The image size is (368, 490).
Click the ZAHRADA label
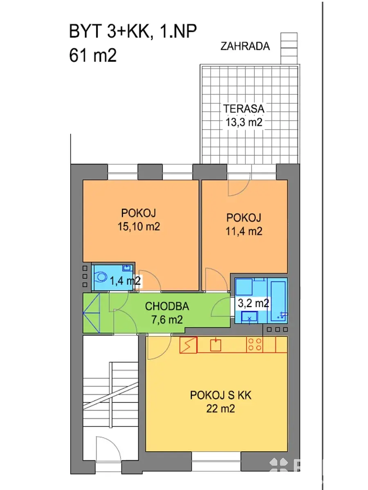click(x=245, y=47)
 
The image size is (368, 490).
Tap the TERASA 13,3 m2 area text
click(x=244, y=116)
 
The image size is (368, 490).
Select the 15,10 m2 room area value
click(x=139, y=227)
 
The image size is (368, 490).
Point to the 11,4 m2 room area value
click(x=244, y=231)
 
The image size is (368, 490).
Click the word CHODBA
click(x=167, y=306)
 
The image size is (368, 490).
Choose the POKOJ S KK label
click(x=220, y=395)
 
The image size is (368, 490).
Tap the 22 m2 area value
click(x=220, y=409)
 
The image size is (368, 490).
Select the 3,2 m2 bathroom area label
click(x=253, y=303)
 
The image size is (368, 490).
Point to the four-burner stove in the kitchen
click(x=254, y=345)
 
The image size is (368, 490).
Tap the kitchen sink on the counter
click(x=215, y=345)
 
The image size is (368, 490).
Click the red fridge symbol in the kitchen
click(x=188, y=345)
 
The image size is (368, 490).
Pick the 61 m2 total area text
click(x=93, y=56)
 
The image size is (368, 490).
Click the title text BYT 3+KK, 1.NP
click(x=133, y=31)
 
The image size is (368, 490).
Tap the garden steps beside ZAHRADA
click(x=289, y=49)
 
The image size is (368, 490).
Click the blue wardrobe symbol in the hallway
click(x=91, y=313)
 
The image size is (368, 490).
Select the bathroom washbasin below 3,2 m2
click(x=249, y=317)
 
